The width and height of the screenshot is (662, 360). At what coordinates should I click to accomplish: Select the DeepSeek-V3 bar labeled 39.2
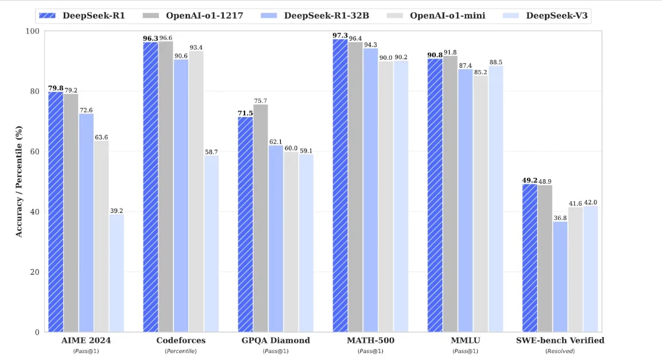point(117,273)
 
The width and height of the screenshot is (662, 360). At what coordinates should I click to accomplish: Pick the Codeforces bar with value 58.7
point(211,243)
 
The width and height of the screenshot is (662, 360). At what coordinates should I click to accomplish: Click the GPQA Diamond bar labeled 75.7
point(260,218)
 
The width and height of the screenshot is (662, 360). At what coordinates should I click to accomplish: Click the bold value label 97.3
point(340,36)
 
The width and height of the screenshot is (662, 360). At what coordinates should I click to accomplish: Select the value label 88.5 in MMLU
point(495,62)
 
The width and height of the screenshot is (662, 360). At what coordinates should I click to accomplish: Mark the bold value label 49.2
point(529,180)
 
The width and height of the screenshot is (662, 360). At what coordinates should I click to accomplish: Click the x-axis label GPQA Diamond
point(276,340)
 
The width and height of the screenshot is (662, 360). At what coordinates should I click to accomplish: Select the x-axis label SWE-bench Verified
point(560,340)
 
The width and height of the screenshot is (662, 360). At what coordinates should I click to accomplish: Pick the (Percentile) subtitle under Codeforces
point(181,351)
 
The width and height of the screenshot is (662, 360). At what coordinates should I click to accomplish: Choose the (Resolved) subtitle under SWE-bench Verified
point(560,351)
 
